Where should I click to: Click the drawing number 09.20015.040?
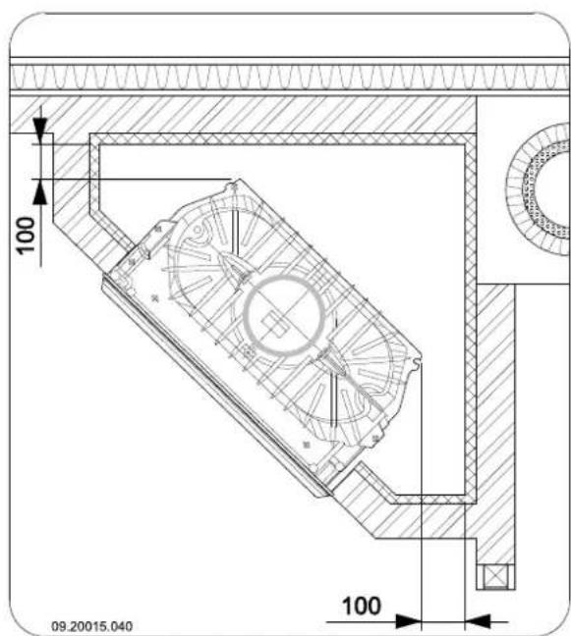[x=91, y=626]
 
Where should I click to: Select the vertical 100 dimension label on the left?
[x=26, y=236]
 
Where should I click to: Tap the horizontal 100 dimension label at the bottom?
[x=362, y=606]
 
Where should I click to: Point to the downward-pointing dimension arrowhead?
[x=39, y=131]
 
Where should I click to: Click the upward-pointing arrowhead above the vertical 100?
[x=39, y=192]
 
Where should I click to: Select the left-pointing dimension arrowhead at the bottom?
[x=478, y=621]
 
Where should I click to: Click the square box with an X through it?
[x=495, y=576]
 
